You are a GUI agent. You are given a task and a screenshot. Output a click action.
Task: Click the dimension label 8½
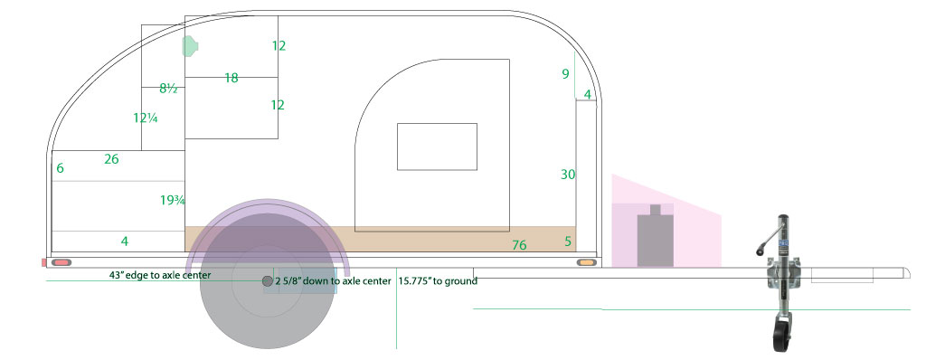(168, 89)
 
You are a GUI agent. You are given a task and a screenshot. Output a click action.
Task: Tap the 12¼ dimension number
(146, 118)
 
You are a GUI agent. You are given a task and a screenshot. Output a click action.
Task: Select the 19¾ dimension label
(173, 201)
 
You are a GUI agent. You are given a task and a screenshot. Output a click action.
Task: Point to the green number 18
(231, 78)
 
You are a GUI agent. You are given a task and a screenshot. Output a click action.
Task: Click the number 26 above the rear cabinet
(111, 159)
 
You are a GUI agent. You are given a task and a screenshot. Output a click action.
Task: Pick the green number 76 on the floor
(519, 245)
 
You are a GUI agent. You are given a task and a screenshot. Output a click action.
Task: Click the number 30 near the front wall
(568, 175)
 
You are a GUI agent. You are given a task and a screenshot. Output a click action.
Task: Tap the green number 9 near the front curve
(566, 74)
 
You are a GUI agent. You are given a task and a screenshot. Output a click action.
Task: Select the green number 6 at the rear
(61, 168)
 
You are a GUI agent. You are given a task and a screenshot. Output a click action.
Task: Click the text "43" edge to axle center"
(160, 275)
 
